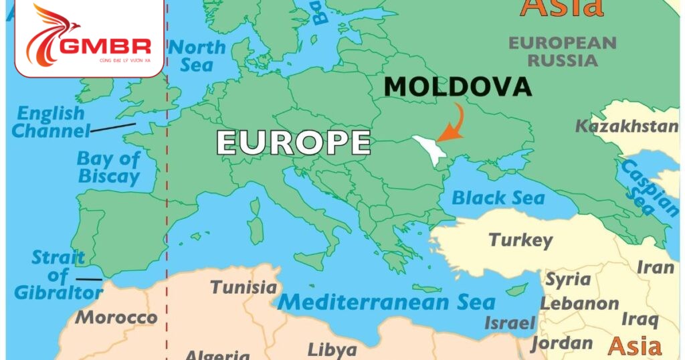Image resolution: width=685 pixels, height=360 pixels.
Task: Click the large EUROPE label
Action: click(293, 143)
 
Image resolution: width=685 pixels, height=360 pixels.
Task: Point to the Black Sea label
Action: click(498, 197)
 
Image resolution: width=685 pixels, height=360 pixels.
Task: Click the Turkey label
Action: click(520, 240)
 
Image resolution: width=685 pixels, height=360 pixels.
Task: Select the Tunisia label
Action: click(243, 287)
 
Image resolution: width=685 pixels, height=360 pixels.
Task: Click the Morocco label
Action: click(116, 317)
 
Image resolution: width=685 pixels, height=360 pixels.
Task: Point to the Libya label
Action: click(332, 349)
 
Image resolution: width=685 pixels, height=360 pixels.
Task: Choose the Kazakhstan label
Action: click(627, 126)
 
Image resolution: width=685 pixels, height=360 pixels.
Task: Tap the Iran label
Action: click(655, 267)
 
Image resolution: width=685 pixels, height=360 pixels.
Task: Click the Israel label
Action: click(510, 323)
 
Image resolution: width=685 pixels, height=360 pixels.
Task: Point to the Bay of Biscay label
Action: click(108, 167)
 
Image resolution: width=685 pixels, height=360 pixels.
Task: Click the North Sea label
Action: click(197, 56)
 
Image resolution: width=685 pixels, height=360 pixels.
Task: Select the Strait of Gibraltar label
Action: click(58, 275)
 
